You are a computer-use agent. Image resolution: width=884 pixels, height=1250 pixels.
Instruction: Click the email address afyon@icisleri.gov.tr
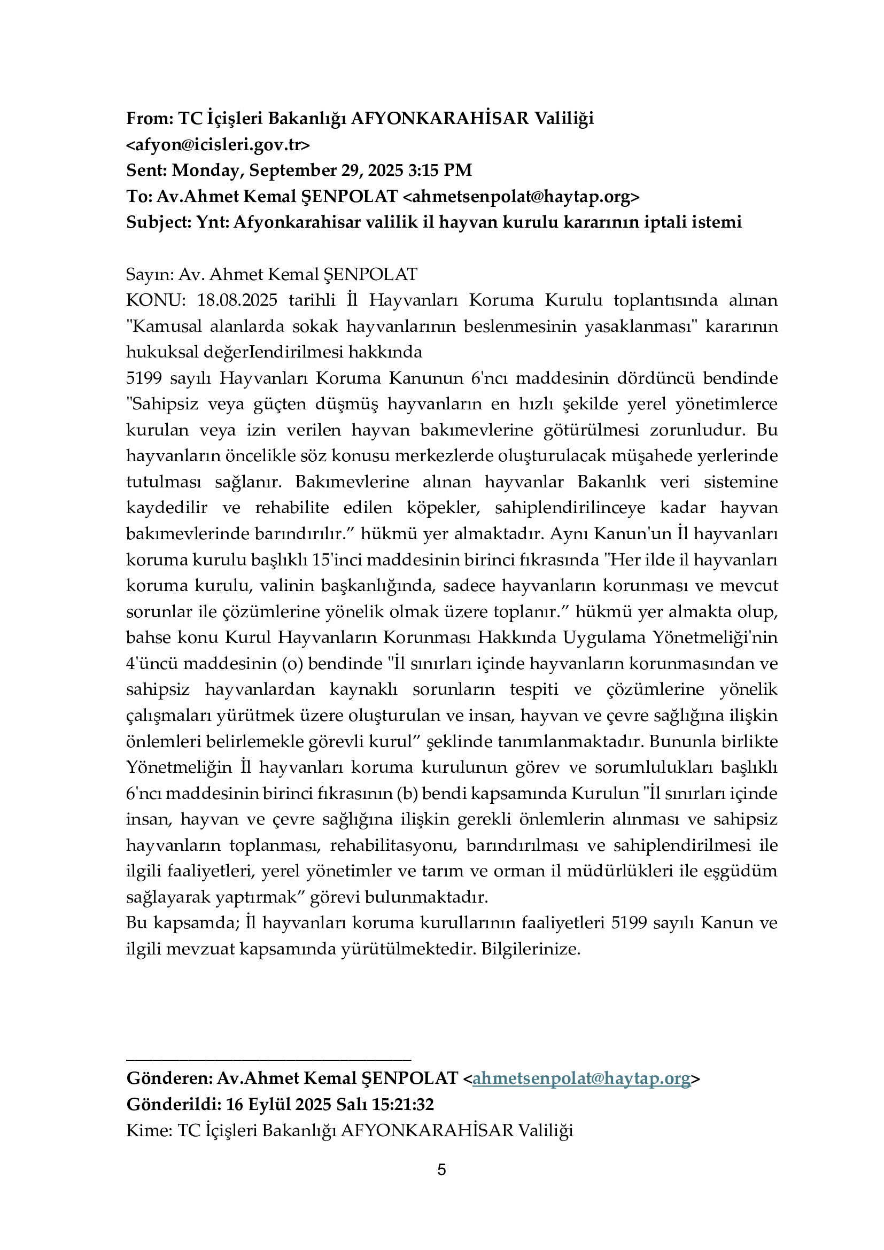(218, 145)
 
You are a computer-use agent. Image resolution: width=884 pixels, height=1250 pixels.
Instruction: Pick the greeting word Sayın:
(150, 274)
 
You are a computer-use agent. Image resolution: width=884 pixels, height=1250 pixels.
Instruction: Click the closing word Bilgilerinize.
(531, 949)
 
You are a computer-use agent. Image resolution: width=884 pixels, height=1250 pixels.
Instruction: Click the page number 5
(441, 1169)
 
